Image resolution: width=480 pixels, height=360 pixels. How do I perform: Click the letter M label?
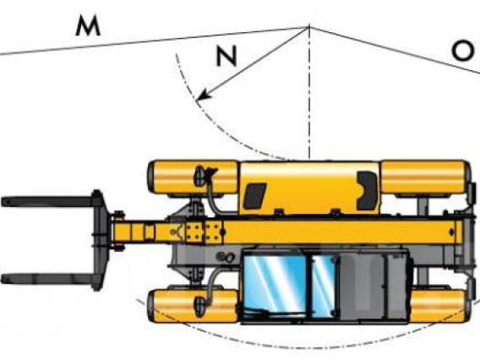click(x=88, y=26)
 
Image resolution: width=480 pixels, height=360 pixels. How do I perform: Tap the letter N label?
click(x=226, y=56)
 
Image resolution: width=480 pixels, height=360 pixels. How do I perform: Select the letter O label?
click(x=462, y=51)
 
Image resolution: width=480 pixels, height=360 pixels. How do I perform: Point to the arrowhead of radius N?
click(x=205, y=95)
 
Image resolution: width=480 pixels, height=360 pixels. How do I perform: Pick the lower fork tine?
click(x=49, y=279)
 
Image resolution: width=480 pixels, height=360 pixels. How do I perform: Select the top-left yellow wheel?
click(x=193, y=177)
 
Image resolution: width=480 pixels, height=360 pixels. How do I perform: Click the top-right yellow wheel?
click(x=426, y=177)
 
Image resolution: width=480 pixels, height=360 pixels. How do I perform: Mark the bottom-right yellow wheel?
click(x=439, y=307)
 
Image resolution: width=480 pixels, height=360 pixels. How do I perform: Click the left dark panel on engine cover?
click(x=254, y=196)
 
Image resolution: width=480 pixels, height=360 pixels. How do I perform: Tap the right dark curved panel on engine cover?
click(x=367, y=190)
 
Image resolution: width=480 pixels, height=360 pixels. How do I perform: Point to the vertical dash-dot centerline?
click(x=309, y=92)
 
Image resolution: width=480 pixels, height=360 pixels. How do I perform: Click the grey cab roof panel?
click(x=374, y=286)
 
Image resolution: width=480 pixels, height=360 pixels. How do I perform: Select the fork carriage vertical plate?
click(x=99, y=240)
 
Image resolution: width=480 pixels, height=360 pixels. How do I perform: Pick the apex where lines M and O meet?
click(x=309, y=28)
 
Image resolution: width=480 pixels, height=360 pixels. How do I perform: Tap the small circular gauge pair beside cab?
click(x=226, y=257)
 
